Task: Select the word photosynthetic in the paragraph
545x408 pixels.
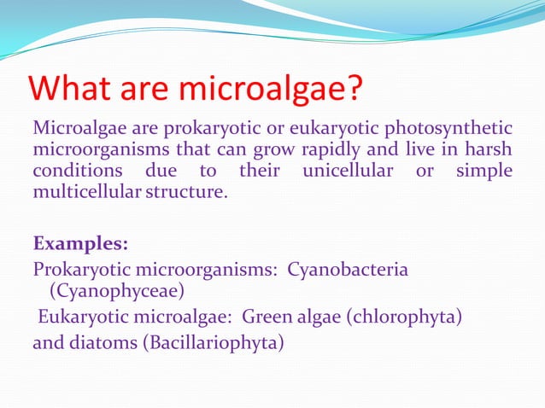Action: [x=448, y=129]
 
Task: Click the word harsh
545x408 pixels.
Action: [x=489, y=150]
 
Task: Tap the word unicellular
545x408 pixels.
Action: [x=348, y=172]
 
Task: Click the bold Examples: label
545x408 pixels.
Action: [x=80, y=243]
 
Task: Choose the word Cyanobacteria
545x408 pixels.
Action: [x=348, y=270]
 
